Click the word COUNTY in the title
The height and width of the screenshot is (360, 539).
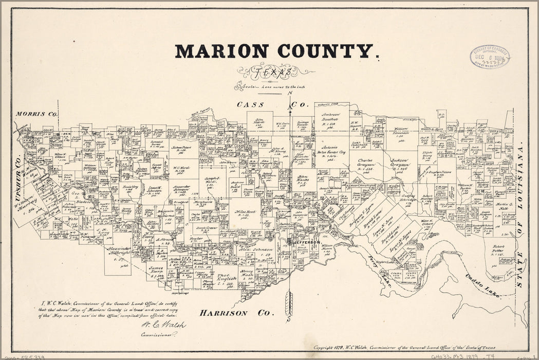[325, 51]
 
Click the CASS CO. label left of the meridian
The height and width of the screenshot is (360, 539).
[250, 105]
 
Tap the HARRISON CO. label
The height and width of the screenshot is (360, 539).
[237, 313]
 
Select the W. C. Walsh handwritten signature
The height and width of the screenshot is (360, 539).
[162, 325]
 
